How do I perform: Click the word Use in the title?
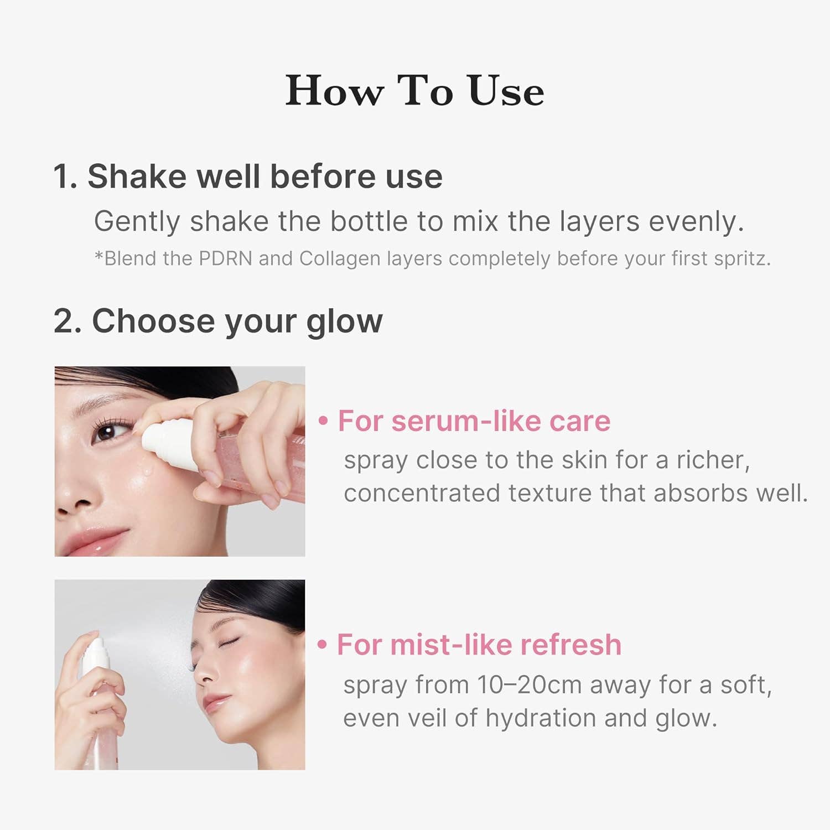[506, 91]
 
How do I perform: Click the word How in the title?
[334, 91]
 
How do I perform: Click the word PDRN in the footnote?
[225, 258]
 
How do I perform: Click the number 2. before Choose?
[68, 321]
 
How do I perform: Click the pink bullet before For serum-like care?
[323, 422]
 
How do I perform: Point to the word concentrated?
[421, 493]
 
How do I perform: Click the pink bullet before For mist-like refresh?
[323, 645]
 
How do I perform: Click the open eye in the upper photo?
[106, 431]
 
